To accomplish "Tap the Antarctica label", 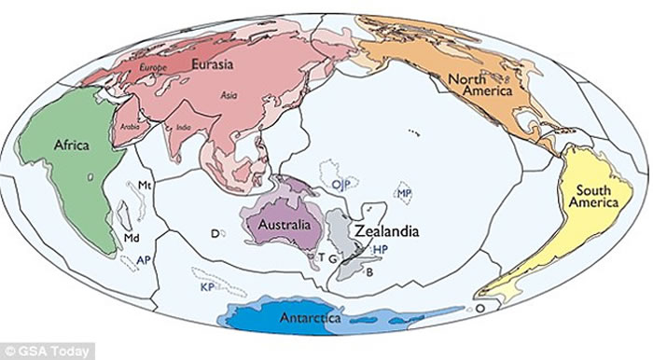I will pos(313,319).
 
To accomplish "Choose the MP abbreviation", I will pos(405,194).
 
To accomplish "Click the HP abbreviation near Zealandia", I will pos(380,250).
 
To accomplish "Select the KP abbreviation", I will pos(208,288).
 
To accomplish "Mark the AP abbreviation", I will pos(144,258).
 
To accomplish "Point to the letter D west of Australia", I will pos(215,232).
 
